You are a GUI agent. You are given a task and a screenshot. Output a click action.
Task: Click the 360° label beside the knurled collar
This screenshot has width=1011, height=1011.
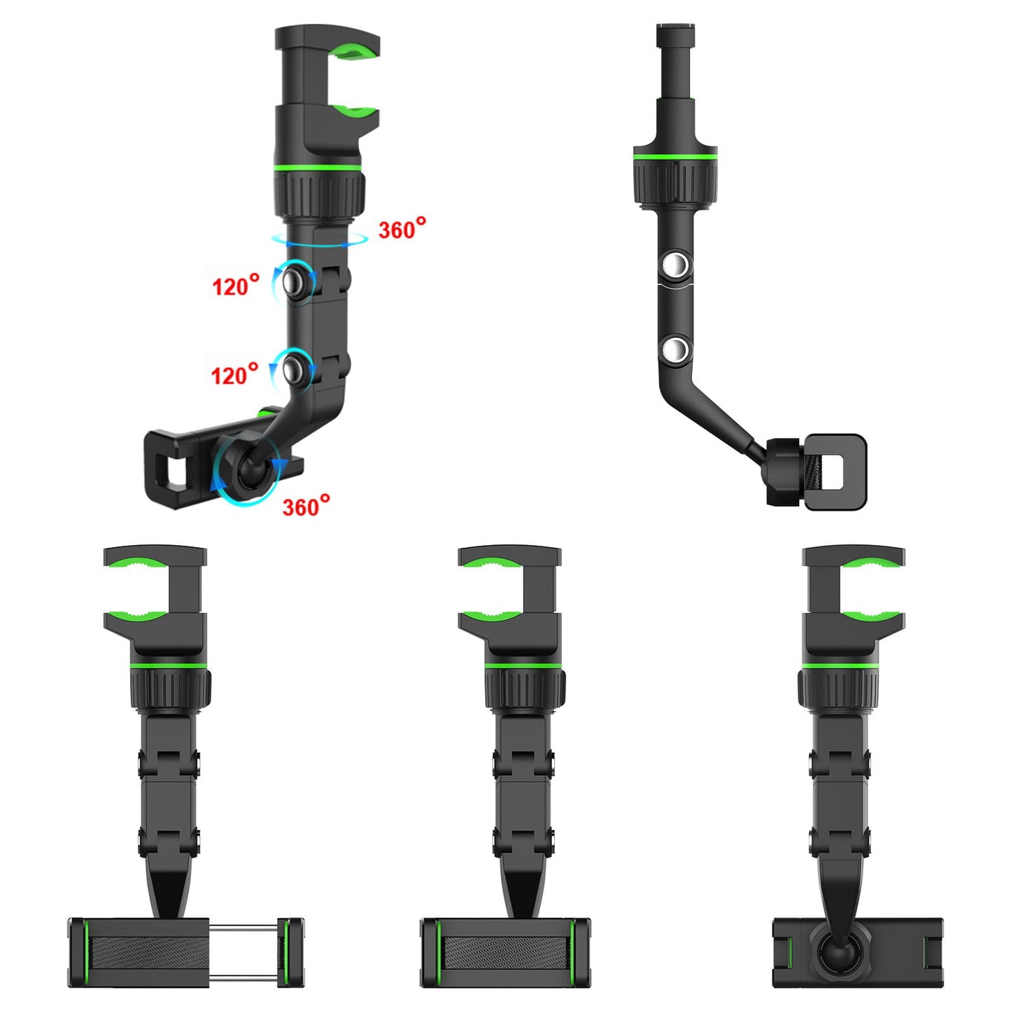click(x=402, y=229)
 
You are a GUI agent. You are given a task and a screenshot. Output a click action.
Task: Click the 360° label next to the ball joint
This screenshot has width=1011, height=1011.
click(x=306, y=506)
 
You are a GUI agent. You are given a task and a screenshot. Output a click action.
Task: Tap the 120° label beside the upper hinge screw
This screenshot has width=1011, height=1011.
click(x=236, y=285)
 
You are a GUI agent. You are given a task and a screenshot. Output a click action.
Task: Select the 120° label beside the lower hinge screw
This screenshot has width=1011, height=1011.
click(x=234, y=374)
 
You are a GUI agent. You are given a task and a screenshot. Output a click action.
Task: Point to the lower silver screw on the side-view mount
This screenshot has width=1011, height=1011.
click(x=675, y=349)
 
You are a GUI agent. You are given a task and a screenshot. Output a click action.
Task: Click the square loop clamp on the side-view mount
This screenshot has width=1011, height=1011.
click(x=835, y=472)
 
